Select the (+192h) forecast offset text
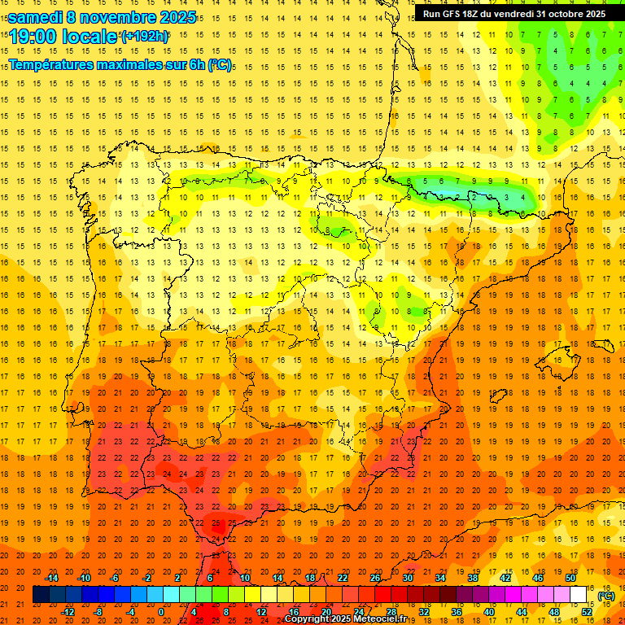pyautogui.click(x=144, y=37)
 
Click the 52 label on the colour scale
pyautogui.click(x=587, y=612)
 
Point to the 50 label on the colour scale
pyautogui.click(x=570, y=578)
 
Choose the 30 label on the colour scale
pyautogui.click(x=408, y=578)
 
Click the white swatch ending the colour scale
pyautogui.click(x=579, y=595)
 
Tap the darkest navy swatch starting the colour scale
pyautogui.click(x=41, y=595)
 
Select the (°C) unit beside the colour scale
pyautogui.click(x=606, y=595)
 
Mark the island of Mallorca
pyautogui.click(x=557, y=359)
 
